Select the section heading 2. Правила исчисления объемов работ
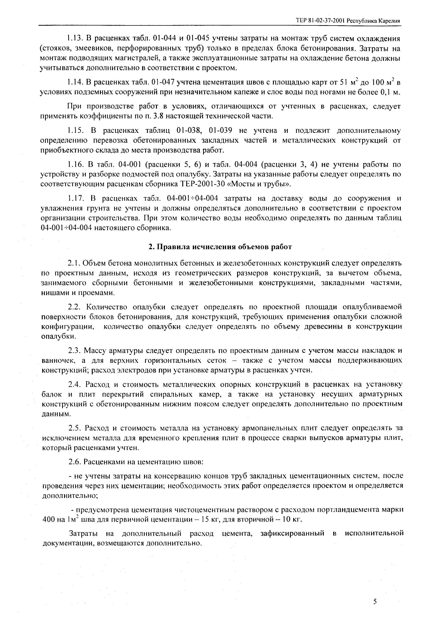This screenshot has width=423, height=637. pos(220,247)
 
